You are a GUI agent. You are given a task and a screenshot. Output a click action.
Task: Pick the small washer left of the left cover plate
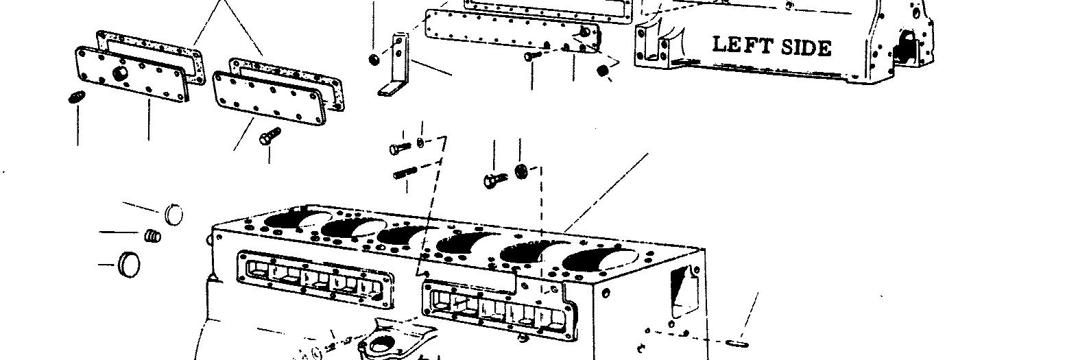pos(75,98)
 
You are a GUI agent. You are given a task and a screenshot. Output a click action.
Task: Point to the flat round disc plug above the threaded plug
pos(174,213)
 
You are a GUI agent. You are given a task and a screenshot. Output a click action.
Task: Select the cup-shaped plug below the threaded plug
pos(128,263)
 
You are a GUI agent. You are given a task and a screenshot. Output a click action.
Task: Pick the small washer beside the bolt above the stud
pos(420,143)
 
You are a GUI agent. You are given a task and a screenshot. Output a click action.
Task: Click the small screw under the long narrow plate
pos(533,56)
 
